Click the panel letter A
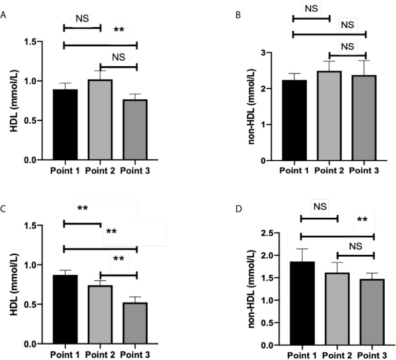[4, 16]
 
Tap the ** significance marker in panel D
[362, 221]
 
